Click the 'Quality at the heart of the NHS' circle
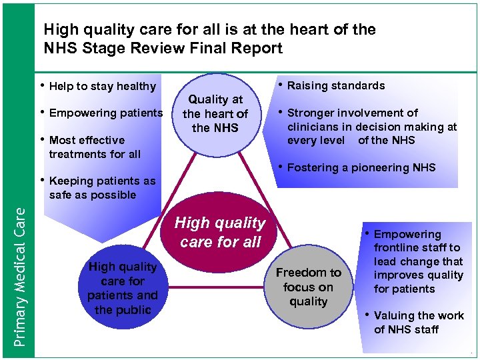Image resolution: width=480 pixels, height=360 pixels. pyautogui.click(x=215, y=113)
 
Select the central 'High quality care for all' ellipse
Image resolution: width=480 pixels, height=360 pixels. pyautogui.click(x=219, y=231)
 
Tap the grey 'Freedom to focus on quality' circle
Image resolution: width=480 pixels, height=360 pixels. pyautogui.click(x=308, y=287)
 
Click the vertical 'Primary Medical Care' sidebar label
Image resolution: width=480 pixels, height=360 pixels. pyautogui.click(x=21, y=277)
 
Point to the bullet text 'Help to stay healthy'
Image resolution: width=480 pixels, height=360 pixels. pyautogui.click(x=102, y=86)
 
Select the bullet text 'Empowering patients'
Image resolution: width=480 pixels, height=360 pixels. pyautogui.click(x=105, y=113)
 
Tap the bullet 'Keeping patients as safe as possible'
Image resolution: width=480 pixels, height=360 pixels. pyautogui.click(x=101, y=188)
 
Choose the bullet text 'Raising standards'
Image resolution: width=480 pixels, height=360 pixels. pyautogui.click(x=335, y=85)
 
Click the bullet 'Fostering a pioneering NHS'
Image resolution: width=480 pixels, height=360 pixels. pyautogui.click(x=361, y=167)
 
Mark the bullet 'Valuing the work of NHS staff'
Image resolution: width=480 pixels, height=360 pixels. pyautogui.click(x=418, y=323)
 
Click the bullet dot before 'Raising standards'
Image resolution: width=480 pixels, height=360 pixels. pyautogui.click(x=281, y=85)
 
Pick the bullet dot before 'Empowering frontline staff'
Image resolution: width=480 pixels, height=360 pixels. pyautogui.click(x=367, y=233)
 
